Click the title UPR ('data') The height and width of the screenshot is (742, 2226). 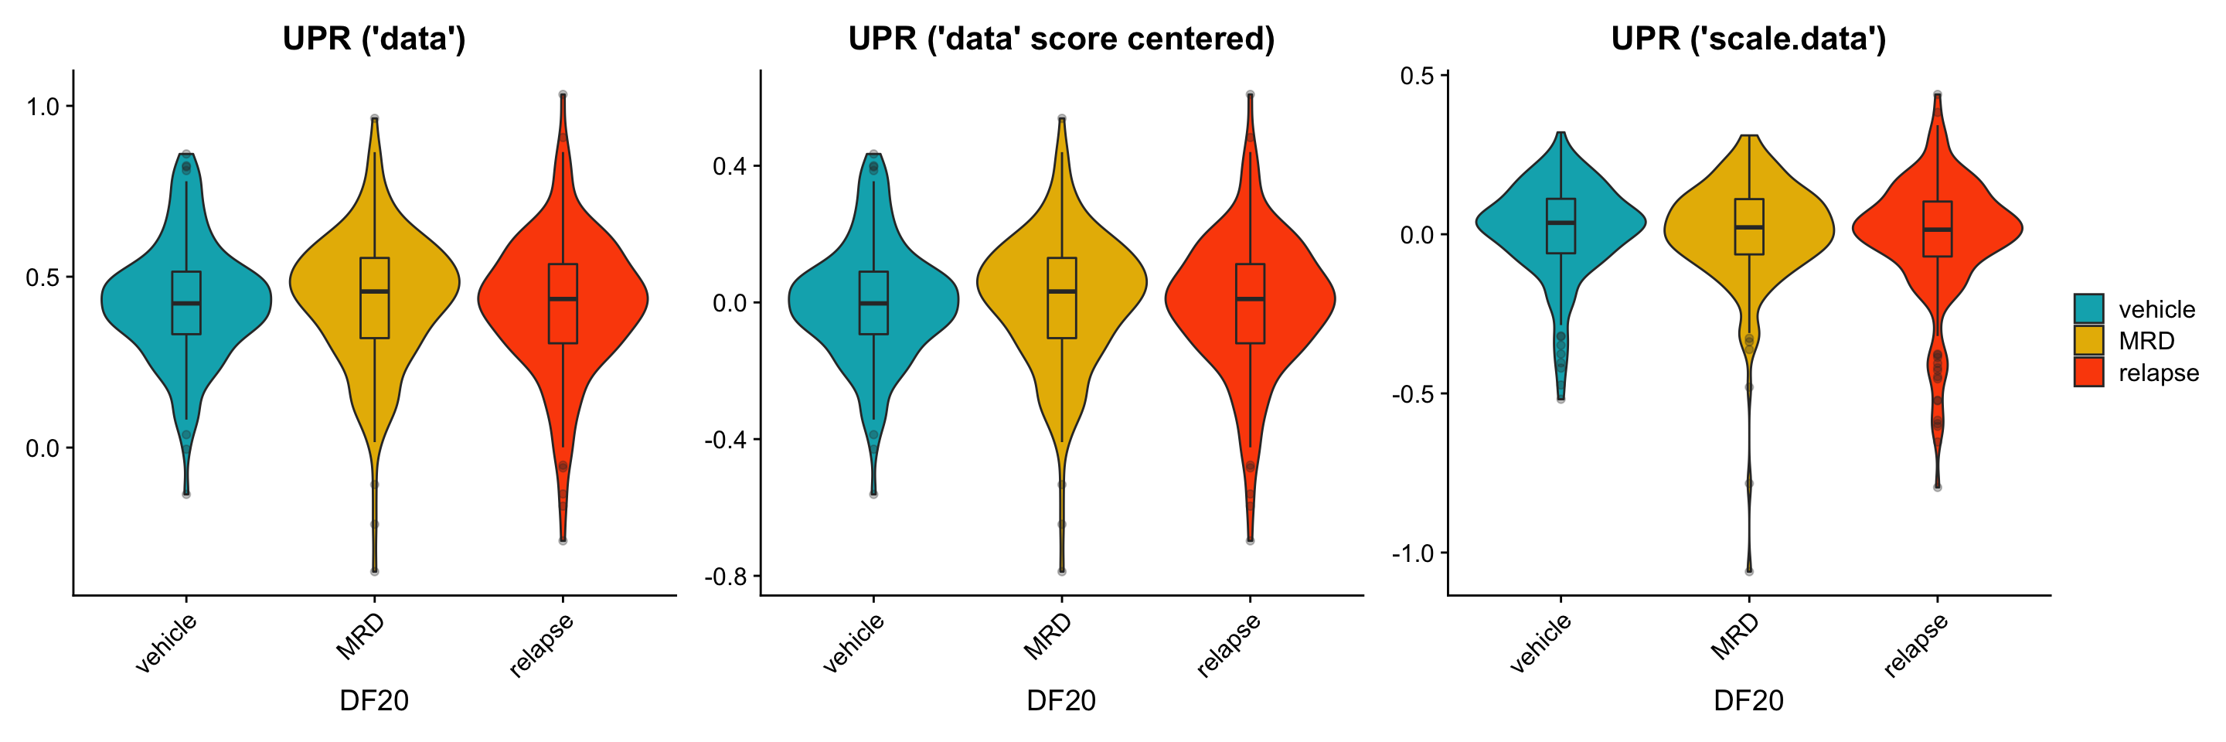click(373, 39)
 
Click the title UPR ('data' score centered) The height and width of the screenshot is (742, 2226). click(1061, 39)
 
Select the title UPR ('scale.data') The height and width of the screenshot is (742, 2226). click(1748, 39)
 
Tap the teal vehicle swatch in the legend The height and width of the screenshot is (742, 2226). click(2088, 308)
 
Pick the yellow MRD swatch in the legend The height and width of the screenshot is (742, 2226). click(2088, 340)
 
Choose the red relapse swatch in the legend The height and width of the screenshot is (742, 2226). click(2088, 373)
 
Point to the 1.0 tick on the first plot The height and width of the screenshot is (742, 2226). click(43, 107)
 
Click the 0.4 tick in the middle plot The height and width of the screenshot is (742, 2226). click(730, 166)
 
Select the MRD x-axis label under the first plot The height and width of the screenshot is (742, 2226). click(361, 637)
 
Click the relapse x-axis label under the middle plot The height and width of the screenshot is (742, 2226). click(1229, 645)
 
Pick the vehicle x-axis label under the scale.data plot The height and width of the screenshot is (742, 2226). click(1540, 642)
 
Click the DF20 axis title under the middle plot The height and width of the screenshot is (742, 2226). click(1061, 699)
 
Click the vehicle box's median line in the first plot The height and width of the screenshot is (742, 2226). click(185, 303)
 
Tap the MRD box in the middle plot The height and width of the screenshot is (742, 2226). click(1061, 298)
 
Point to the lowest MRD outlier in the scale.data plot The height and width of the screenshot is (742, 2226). click(1749, 571)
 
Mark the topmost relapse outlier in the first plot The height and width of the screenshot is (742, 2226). click(563, 94)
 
